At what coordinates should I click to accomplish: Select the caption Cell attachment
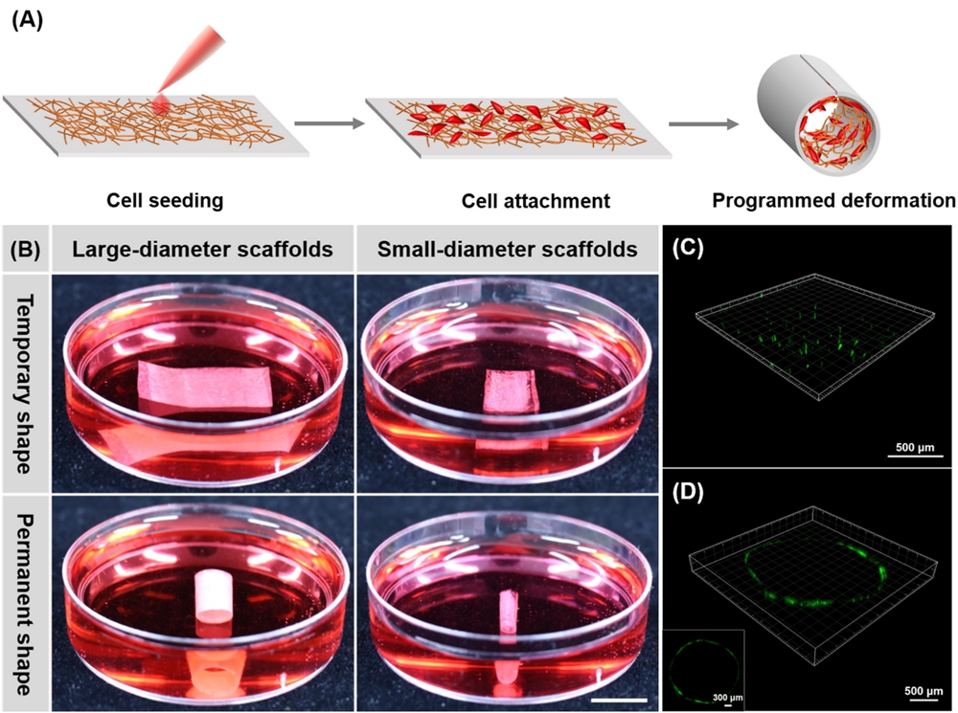tap(535, 201)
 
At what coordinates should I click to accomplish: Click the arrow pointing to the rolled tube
tap(703, 123)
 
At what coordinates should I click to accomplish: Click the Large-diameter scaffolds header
tap(201, 251)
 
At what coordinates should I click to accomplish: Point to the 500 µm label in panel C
tap(903, 446)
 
